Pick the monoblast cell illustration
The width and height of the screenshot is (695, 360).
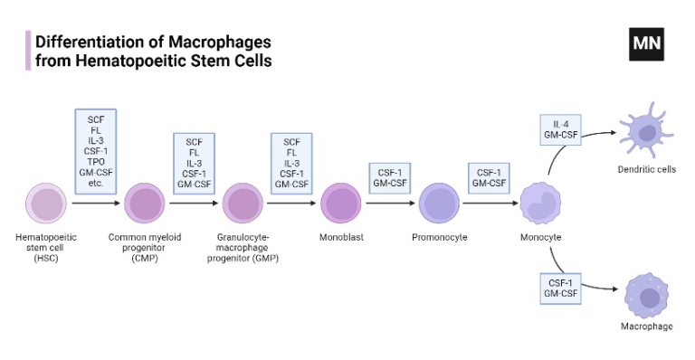click(341, 203)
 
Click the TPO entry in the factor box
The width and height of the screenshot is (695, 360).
click(96, 164)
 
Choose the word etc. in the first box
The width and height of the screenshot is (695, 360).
click(96, 184)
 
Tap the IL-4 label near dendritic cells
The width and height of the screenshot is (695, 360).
click(562, 124)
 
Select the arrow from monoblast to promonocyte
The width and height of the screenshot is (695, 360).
click(390, 203)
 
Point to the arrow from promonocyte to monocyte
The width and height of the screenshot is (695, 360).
click(490, 203)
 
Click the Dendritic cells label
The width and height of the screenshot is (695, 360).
click(646, 169)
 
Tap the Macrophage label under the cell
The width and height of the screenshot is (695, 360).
click(646, 326)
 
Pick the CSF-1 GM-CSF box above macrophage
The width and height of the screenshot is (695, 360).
click(562, 288)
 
